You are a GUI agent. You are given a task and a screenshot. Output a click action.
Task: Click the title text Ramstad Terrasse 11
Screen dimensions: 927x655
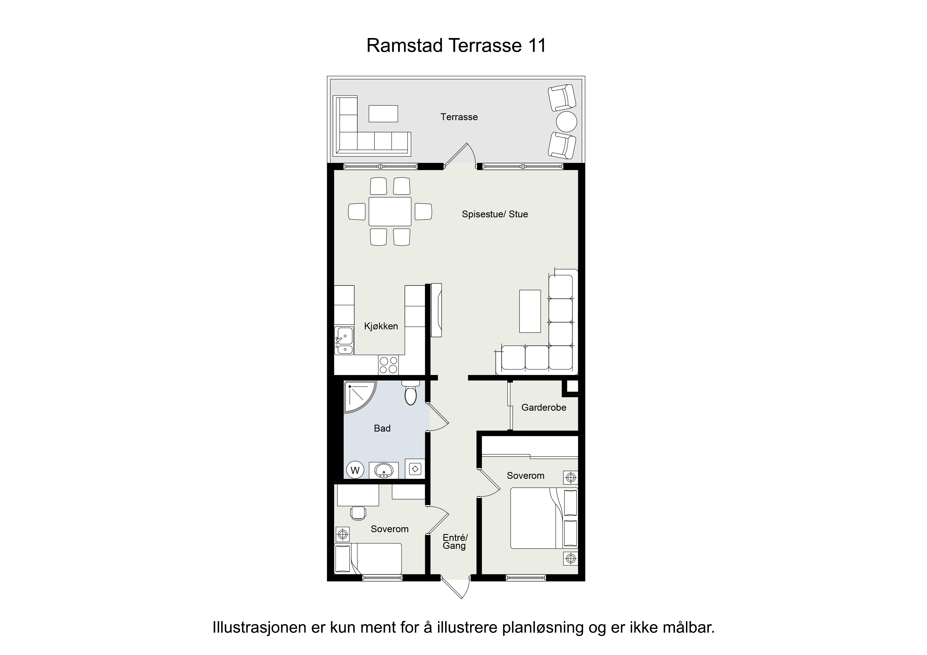456,46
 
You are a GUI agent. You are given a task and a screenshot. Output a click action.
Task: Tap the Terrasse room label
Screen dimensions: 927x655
459,117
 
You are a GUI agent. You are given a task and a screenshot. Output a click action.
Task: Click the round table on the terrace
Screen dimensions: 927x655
567,121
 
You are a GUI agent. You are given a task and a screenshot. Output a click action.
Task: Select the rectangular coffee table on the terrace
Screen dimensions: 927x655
383,113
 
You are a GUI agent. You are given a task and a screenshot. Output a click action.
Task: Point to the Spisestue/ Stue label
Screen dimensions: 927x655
495,214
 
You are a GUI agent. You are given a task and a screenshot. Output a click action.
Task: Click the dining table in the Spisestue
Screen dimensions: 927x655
390,212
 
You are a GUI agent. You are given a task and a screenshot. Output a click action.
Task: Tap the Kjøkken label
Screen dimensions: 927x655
381,326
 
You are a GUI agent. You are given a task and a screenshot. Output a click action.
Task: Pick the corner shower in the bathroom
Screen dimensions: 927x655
359,396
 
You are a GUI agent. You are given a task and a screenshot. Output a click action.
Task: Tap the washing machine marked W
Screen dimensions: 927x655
355,470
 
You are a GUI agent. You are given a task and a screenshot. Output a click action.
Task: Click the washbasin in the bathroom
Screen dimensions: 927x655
383,470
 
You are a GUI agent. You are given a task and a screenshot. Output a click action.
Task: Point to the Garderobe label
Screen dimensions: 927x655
544,408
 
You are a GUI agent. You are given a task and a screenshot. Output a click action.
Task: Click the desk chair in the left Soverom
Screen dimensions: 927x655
358,513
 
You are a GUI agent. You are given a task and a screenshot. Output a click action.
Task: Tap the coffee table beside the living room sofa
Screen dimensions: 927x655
530,311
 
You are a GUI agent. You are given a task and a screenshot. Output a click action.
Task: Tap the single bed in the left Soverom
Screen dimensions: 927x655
368,559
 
